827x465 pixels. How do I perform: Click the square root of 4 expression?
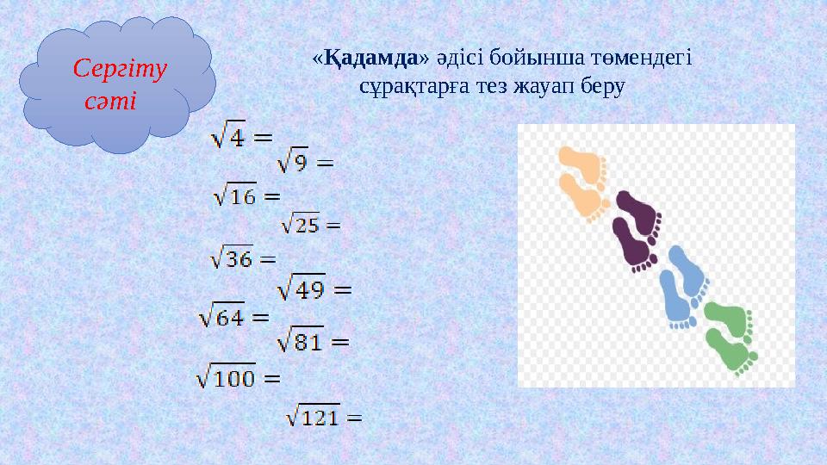tap(240, 137)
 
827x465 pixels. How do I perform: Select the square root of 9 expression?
tap(303, 160)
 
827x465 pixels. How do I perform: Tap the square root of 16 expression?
tap(246, 196)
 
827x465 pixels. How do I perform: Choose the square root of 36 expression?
tap(243, 257)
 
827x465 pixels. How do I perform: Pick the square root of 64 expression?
tap(234, 316)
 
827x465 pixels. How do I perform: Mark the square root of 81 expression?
tap(313, 342)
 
